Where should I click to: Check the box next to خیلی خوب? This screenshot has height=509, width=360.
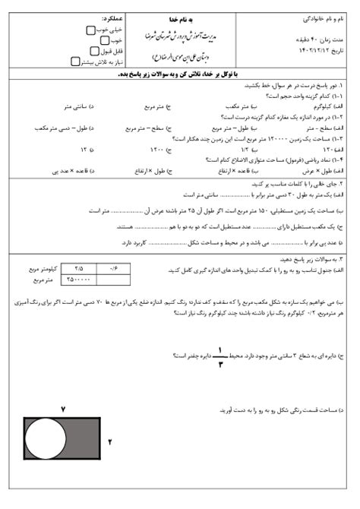click(x=90, y=30)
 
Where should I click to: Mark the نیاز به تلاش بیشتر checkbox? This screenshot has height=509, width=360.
click(x=74, y=62)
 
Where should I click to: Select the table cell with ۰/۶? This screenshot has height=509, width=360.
click(x=114, y=268)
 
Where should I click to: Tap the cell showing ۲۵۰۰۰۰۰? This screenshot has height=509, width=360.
click(x=81, y=278)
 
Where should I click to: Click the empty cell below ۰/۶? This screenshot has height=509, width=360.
click(x=114, y=278)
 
